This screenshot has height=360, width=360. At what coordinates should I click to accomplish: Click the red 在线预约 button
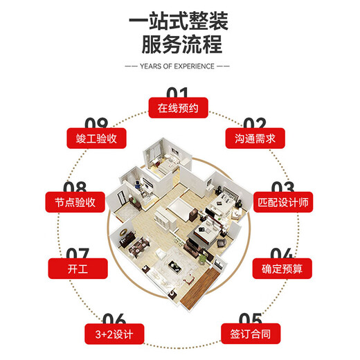178,108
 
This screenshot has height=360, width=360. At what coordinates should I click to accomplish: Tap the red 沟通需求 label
255,138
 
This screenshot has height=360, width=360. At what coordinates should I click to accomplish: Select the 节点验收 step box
75,203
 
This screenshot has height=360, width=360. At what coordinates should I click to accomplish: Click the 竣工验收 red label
96,138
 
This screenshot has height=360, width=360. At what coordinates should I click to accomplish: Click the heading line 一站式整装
180,19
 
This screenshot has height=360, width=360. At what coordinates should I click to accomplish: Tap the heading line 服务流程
180,45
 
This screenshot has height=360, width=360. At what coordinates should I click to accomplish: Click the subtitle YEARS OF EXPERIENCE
179,68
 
